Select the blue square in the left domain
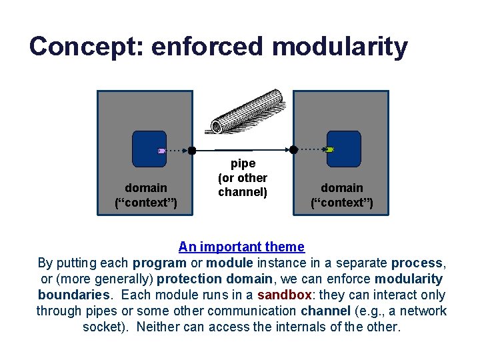point(149,149)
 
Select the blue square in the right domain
point(345,149)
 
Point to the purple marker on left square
point(161,151)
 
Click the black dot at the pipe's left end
point(192,150)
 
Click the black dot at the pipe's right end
point(292,149)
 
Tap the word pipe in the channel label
point(243,163)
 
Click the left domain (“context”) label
point(146,195)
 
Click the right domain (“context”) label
point(342,195)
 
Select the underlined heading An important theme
point(241,247)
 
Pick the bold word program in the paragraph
point(159,263)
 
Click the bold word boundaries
point(75,295)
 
